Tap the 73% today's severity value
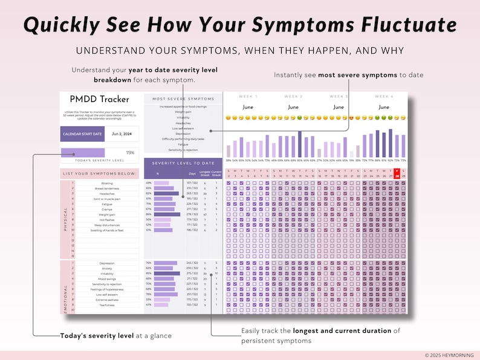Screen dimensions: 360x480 (130, 153)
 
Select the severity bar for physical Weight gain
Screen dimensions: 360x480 (167, 214)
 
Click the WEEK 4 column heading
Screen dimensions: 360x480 (384, 97)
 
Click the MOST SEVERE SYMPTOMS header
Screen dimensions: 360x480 (183, 98)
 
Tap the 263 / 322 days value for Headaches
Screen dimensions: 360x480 (192, 193)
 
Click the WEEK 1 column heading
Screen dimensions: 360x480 (248, 97)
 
